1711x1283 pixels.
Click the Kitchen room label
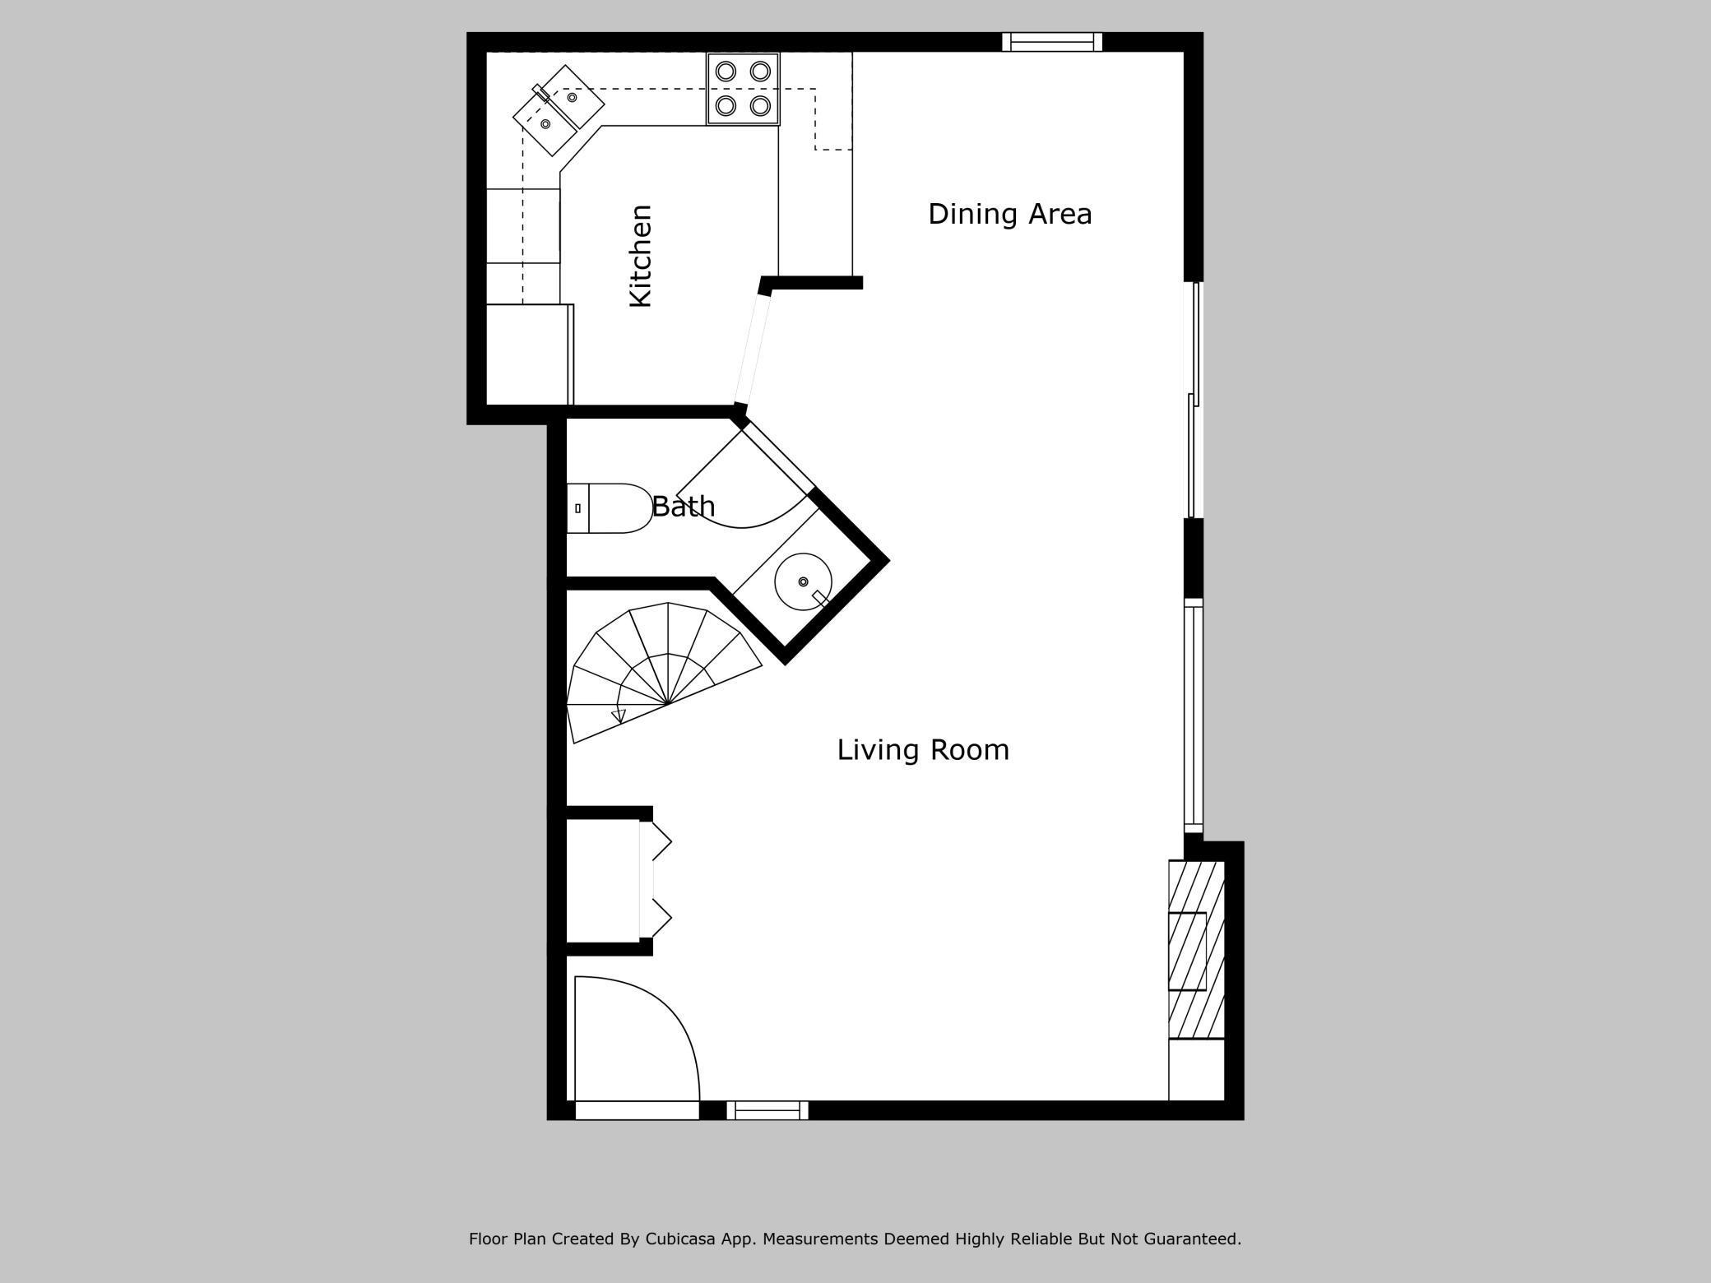click(x=641, y=256)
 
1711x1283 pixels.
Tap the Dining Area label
click(x=1010, y=214)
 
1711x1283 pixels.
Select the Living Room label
click(x=923, y=750)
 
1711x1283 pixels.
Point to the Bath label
click(x=683, y=506)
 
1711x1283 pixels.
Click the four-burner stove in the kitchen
click(x=743, y=89)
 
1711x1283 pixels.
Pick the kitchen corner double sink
click(x=559, y=110)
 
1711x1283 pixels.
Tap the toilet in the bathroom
click(x=610, y=508)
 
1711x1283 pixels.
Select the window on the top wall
click(x=1052, y=42)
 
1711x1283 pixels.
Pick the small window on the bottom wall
click(x=767, y=1110)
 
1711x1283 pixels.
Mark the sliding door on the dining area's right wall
click(x=1194, y=400)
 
